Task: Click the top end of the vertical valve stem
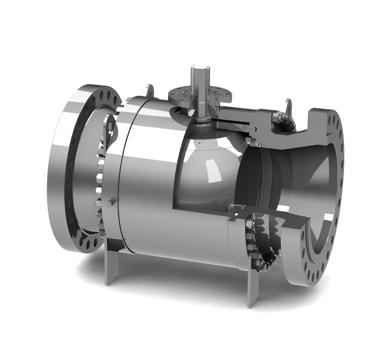tap(200, 68)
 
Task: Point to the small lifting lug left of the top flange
tap(150, 90)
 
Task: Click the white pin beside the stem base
tap(191, 112)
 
